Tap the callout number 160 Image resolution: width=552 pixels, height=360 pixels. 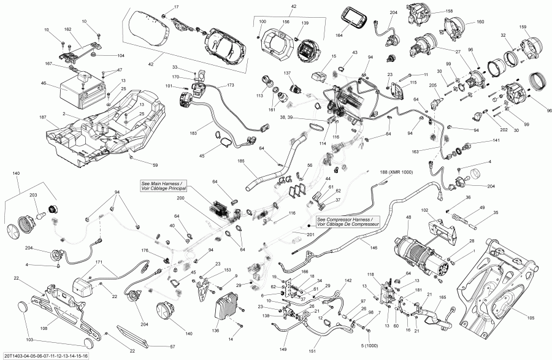click(x=480, y=22)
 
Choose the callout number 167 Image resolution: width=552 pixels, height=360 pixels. click(x=48, y=64)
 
